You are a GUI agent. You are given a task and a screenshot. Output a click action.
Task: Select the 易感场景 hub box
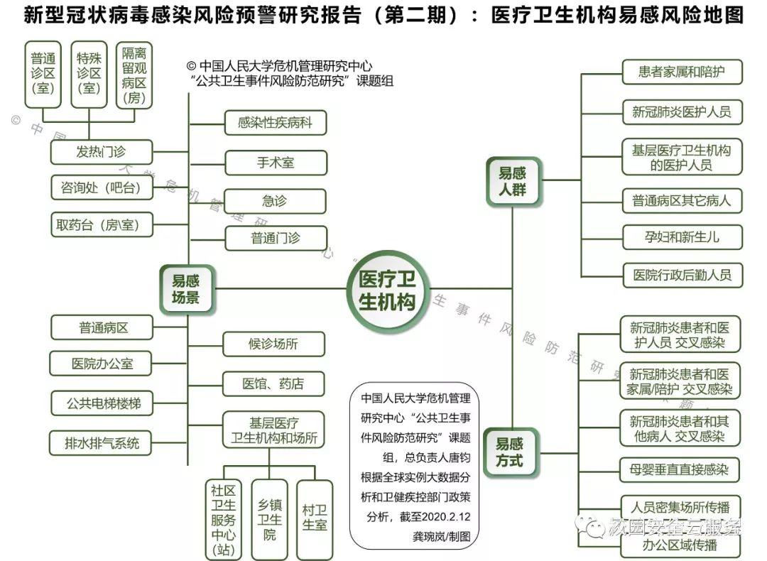click(186, 289)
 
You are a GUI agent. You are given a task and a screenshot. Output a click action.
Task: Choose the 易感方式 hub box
click(510, 452)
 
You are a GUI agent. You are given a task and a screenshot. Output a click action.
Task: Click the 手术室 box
click(276, 163)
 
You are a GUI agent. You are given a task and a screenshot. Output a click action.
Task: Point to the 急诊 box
click(276, 201)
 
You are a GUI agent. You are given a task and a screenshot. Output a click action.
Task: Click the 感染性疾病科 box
click(276, 123)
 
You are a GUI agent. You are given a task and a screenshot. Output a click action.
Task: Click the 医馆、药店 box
click(273, 383)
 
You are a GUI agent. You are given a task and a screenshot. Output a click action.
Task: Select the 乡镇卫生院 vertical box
click(269, 519)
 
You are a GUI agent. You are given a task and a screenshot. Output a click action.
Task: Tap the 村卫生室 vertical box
click(315, 519)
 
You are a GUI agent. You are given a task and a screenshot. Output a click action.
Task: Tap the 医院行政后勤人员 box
click(681, 275)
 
